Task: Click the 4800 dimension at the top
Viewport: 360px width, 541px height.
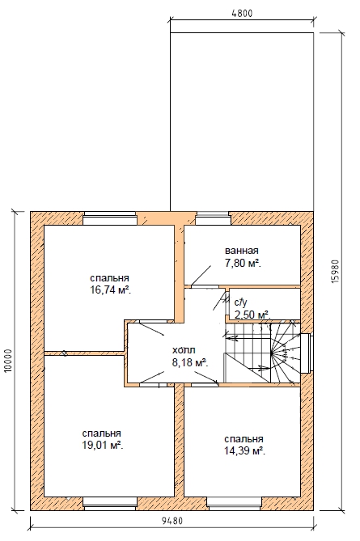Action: (x=242, y=13)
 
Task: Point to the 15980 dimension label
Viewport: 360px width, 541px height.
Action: (x=337, y=272)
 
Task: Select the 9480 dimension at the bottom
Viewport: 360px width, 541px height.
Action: (x=172, y=521)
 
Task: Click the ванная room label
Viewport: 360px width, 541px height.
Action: (x=242, y=251)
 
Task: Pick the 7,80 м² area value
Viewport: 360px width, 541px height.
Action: (x=243, y=264)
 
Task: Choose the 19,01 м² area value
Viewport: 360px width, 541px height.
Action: (x=103, y=446)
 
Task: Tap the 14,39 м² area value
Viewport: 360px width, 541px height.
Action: (x=244, y=451)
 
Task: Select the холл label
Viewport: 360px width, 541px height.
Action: (x=184, y=350)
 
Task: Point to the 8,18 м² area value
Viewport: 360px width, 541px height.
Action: (x=189, y=363)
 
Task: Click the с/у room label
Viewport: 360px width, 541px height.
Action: (x=240, y=302)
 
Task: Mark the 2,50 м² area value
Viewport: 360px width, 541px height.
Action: (x=252, y=315)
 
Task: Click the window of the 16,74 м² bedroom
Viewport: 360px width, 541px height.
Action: (x=110, y=219)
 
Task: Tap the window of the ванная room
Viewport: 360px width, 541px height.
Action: (x=213, y=219)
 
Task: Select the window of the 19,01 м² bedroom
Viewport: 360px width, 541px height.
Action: (x=110, y=504)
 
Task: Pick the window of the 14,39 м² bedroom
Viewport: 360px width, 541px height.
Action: (x=235, y=504)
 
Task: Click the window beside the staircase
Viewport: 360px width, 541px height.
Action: (x=307, y=353)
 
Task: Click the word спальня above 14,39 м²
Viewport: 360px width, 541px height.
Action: (x=244, y=439)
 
